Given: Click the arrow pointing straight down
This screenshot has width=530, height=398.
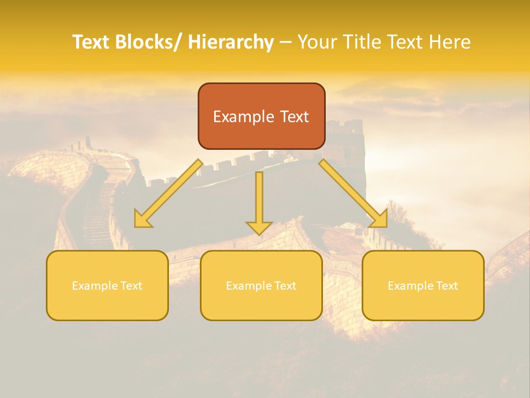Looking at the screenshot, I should pyautogui.click(x=259, y=202).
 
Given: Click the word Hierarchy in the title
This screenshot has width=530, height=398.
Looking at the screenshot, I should pyautogui.click(x=231, y=42).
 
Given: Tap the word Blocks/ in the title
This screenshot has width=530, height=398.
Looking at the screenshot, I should pyautogui.click(x=148, y=42).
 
